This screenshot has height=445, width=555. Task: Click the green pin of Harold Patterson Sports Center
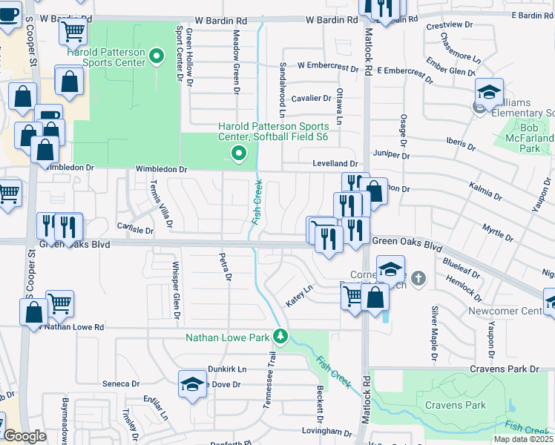157,56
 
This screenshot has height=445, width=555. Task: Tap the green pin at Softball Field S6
238,154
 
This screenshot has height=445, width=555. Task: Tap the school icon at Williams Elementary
489,93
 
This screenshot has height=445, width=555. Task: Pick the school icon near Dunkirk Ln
192,385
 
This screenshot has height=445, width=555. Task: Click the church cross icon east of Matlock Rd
419,279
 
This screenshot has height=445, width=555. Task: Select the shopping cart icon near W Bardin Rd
73,31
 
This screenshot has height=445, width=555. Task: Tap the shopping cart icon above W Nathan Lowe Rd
59,303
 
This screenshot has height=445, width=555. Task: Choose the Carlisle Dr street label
135,230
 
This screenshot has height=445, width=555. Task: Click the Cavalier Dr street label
311,98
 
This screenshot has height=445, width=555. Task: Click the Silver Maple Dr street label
434,334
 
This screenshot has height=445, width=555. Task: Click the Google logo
25,436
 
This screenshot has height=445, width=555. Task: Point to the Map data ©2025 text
522,439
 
